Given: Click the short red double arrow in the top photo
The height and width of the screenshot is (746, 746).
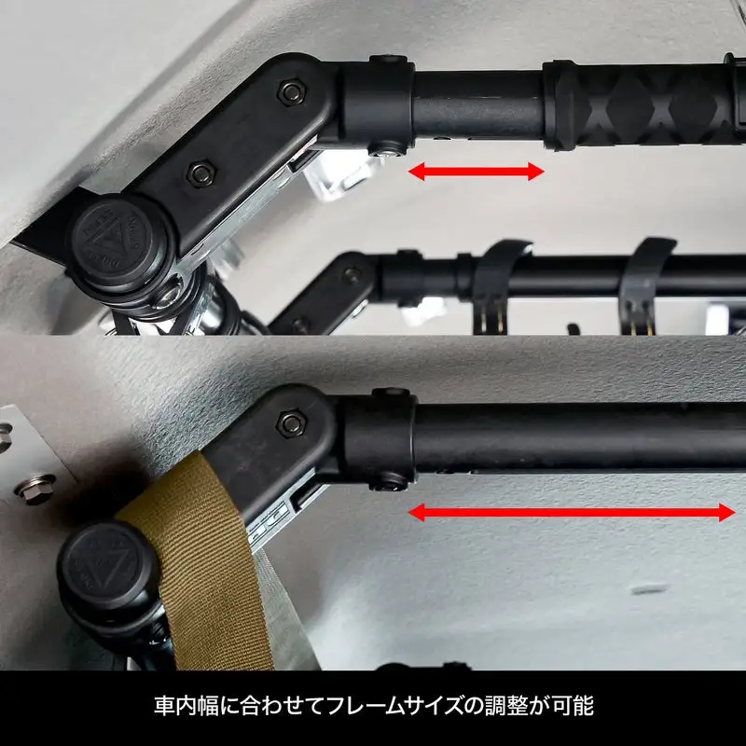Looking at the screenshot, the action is [476, 172].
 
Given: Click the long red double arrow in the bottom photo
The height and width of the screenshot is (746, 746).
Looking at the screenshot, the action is [571, 512].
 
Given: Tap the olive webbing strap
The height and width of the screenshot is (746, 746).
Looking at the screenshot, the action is [200, 561].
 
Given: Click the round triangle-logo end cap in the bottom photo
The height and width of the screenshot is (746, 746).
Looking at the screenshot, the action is [105, 566].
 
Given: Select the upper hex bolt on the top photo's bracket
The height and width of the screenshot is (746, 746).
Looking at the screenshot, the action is [291, 91].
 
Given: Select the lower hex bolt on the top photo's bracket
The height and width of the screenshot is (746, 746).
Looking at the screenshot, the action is [200, 173].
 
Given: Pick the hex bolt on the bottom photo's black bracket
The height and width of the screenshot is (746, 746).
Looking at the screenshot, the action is [291, 423].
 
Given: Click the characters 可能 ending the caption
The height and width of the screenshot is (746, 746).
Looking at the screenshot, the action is [573, 706].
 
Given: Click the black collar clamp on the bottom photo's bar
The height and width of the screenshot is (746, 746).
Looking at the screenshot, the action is [380, 438].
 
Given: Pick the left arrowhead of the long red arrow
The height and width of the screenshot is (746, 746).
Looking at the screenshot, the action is [416, 512].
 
